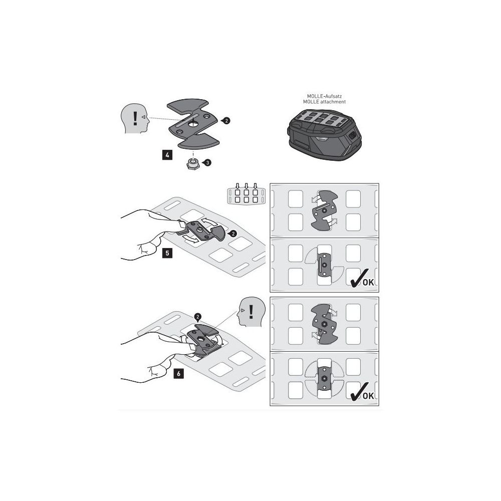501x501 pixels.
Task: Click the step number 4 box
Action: (167, 155)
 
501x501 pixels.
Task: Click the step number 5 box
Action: (167, 254)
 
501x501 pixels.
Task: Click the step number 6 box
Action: (179, 373)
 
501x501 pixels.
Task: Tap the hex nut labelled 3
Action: (192, 164)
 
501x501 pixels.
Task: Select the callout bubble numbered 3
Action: (207, 163)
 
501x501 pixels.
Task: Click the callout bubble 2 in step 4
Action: (226, 121)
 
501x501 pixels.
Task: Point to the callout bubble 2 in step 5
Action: (233, 234)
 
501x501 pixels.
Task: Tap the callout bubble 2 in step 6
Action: (198, 317)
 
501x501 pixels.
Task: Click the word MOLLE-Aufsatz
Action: (324, 96)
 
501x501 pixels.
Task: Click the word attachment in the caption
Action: (333, 102)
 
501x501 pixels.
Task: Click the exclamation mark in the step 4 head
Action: (135, 118)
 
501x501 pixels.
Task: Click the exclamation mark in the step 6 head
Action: (251, 312)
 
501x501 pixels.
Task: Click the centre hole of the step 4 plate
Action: (193, 124)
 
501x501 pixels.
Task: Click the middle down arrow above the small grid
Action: (246, 186)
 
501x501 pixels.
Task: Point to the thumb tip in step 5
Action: (180, 223)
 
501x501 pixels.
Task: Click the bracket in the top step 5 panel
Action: (324, 210)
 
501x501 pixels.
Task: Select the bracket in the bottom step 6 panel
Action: (324, 379)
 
